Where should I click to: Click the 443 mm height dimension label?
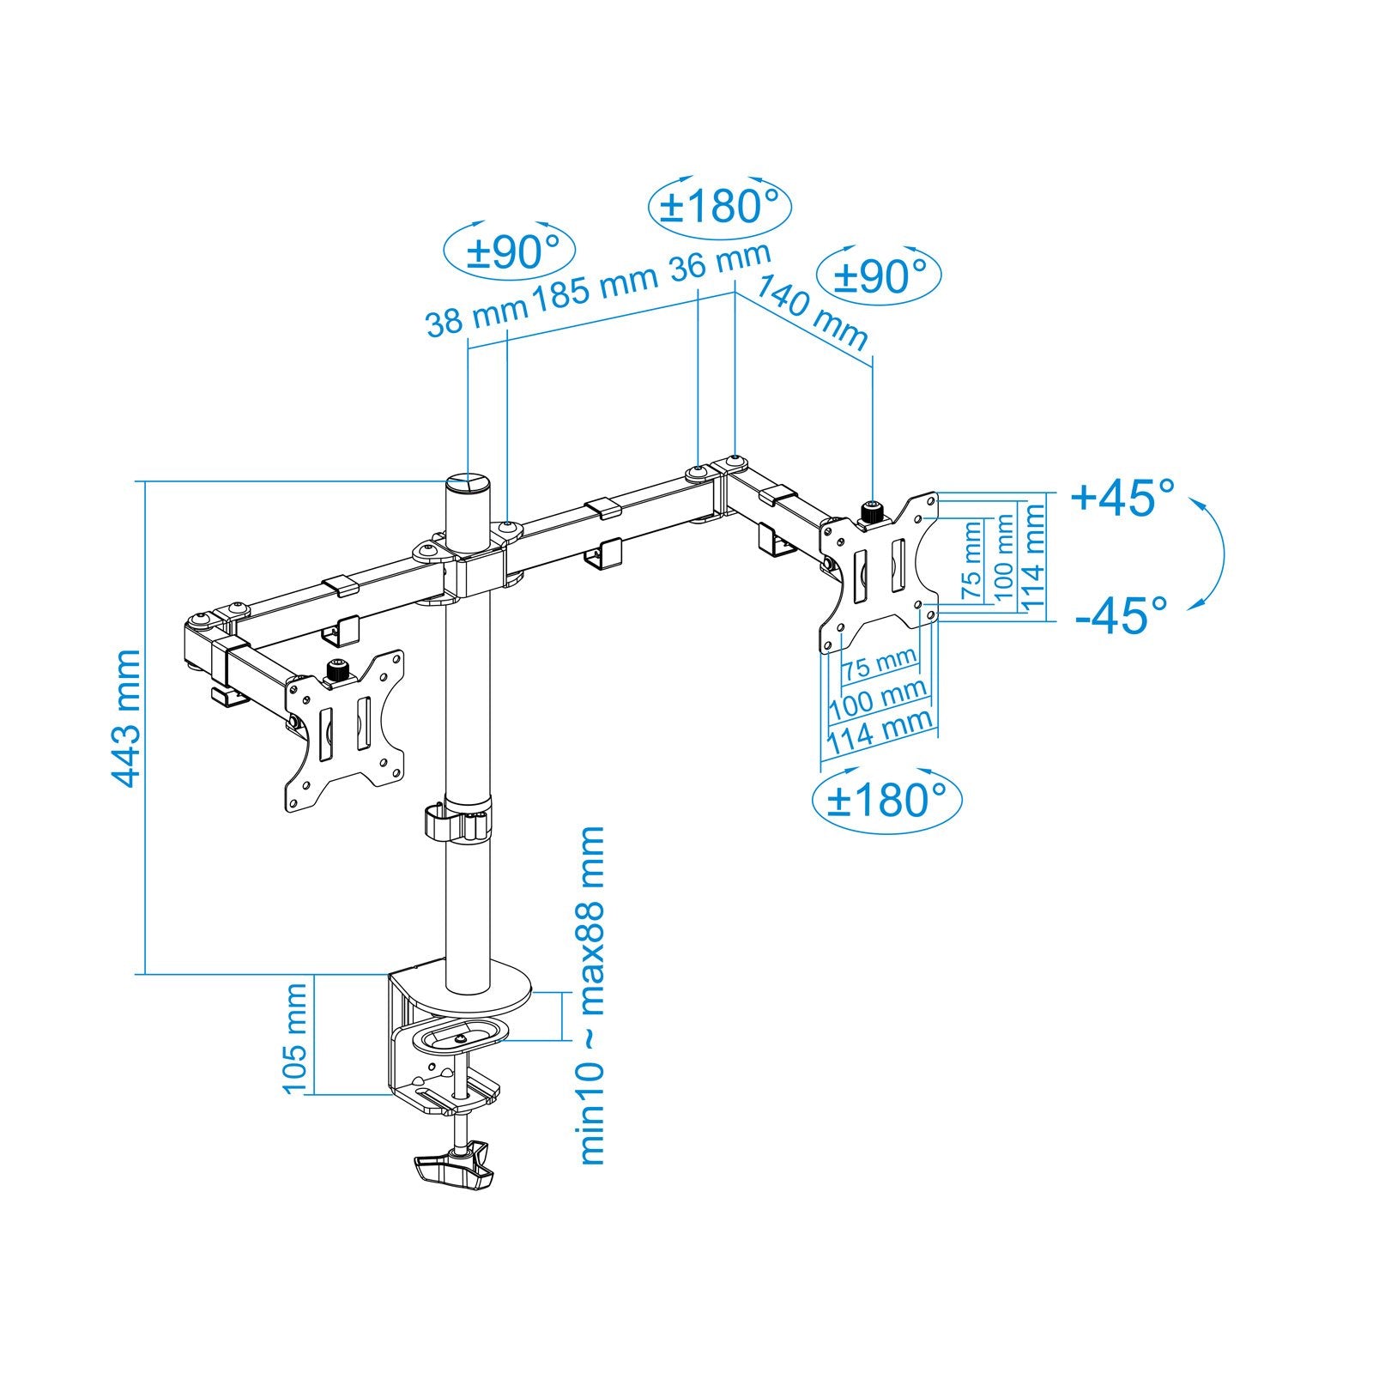coord(127,719)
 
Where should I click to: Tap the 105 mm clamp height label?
coord(295,1038)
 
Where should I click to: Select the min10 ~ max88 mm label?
coord(592,995)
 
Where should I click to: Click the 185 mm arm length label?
coord(595,286)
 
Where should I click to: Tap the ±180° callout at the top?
coord(718,207)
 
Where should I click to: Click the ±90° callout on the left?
coord(510,252)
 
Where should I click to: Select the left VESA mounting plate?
coord(346,731)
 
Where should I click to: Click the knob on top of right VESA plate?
coord(873,512)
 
